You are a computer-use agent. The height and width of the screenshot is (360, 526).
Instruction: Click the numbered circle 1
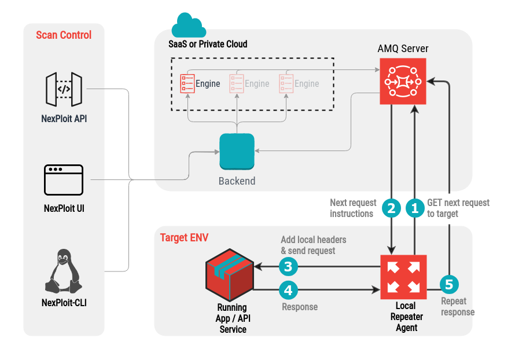(x=414, y=208)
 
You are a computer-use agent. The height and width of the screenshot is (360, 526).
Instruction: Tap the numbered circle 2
(x=392, y=208)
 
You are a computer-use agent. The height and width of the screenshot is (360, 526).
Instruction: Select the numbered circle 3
(x=289, y=267)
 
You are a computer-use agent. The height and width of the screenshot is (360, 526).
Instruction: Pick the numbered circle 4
(x=289, y=288)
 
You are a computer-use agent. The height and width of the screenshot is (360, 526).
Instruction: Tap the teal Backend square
(x=237, y=151)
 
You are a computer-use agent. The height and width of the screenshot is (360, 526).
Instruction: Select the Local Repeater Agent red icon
(x=403, y=276)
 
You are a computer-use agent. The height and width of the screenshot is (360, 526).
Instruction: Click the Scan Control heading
(x=64, y=35)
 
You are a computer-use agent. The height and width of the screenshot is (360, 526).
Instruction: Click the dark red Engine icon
(x=187, y=83)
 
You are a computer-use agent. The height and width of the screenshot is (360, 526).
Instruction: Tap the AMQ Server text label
(x=403, y=48)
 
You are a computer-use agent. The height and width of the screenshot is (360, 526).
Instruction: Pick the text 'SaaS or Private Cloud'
(x=208, y=44)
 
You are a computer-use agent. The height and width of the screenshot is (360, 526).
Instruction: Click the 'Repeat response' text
(x=458, y=307)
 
